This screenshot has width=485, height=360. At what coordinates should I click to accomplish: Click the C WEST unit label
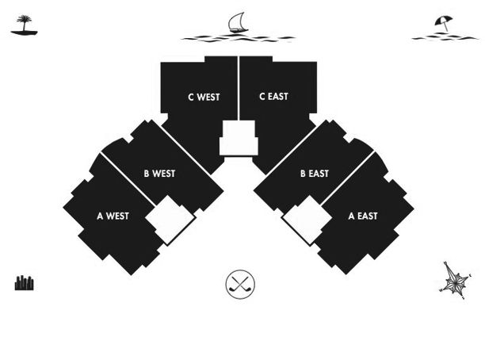(x=204, y=98)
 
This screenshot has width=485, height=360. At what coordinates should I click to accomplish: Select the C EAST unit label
(x=273, y=97)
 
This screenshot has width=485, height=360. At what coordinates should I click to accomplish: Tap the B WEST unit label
(x=159, y=174)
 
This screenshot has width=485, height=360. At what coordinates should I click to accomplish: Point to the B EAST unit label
(x=315, y=174)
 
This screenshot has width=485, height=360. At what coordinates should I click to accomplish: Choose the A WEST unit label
(x=113, y=216)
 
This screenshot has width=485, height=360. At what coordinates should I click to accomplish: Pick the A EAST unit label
(x=363, y=216)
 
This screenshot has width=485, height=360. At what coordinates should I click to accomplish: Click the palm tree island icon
(x=24, y=25)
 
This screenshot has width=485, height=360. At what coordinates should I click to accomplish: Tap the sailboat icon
(x=239, y=22)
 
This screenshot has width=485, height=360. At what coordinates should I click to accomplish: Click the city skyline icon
(x=24, y=282)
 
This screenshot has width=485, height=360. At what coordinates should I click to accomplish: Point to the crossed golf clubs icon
(x=240, y=284)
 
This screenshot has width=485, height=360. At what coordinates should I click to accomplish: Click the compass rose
(x=456, y=281)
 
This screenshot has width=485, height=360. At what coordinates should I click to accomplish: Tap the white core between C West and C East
(x=239, y=138)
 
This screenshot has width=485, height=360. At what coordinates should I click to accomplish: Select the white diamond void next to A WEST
(x=170, y=220)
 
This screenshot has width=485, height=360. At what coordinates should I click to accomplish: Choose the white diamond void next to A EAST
(x=307, y=220)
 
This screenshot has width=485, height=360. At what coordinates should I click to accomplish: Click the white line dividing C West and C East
(x=239, y=88)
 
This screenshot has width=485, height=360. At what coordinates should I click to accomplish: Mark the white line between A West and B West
(x=128, y=179)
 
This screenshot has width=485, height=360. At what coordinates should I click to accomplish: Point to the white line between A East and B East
(x=348, y=178)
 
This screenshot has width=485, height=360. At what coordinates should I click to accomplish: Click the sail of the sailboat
(x=237, y=21)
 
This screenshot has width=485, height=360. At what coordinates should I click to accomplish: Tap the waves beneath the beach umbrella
(x=445, y=38)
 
